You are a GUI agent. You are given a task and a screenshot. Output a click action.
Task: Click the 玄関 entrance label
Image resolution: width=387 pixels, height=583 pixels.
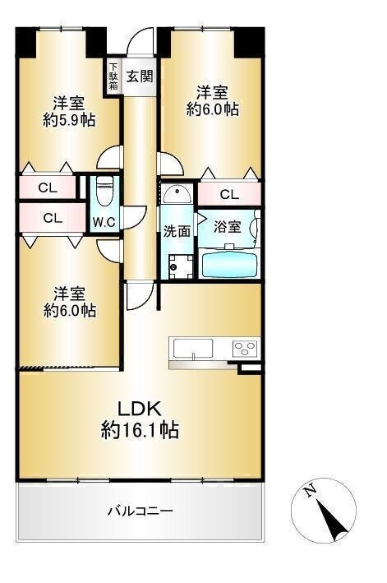point(140,76)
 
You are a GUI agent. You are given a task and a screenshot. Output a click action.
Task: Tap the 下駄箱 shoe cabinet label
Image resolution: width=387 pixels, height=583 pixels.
point(113,76)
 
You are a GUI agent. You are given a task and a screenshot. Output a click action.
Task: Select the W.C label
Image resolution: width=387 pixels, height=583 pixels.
point(104,222)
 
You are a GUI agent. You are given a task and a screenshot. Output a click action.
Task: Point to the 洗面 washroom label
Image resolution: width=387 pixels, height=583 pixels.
point(177,231)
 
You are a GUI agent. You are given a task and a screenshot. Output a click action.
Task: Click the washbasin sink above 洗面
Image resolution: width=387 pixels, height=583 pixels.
point(177,193)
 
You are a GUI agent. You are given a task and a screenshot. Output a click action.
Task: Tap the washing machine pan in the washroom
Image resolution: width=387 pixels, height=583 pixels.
point(181,266)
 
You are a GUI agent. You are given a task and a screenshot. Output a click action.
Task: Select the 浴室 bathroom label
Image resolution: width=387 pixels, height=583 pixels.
point(228,227)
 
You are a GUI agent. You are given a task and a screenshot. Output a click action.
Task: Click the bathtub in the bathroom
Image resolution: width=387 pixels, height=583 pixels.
point(229,263)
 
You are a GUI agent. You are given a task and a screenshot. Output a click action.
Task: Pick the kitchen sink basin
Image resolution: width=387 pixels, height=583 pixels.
point(191,349)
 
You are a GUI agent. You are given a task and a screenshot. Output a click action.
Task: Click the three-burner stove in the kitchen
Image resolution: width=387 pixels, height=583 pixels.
point(245,349)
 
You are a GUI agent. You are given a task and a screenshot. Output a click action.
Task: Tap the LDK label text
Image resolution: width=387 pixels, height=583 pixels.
point(140,409)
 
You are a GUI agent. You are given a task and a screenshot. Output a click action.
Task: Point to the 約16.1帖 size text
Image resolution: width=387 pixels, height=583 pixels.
point(140,430)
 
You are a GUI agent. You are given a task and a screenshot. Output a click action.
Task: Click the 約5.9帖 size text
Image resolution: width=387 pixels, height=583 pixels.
point(69,120)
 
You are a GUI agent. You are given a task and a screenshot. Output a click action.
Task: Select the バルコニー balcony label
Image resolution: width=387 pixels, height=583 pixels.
point(141,511)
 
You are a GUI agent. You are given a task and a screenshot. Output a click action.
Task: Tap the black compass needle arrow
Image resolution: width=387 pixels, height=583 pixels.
point(333,521)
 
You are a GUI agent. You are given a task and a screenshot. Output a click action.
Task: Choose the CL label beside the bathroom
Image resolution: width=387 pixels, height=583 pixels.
point(229,194)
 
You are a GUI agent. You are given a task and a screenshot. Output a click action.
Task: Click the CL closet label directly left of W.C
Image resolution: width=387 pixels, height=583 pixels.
point(53,218)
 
